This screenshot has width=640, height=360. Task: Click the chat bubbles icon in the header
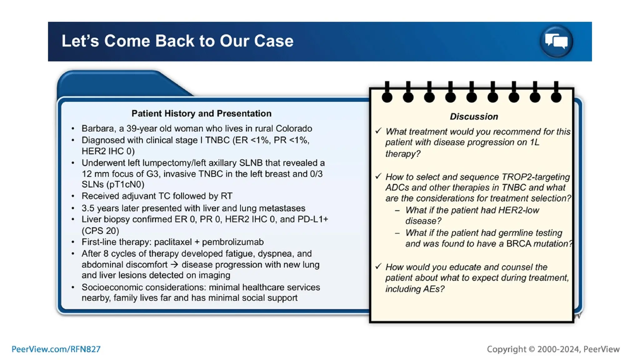(556, 41)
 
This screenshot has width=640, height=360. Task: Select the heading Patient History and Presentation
(201, 113)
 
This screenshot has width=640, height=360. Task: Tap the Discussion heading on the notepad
(474, 117)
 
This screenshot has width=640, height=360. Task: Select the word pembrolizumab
(233, 242)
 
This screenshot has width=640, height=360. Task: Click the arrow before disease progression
(174, 265)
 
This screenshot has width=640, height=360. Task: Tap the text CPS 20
(100, 231)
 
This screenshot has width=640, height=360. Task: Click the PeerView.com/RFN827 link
(56, 349)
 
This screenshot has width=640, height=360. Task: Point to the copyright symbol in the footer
(532, 349)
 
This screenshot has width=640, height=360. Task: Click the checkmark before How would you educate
(378, 267)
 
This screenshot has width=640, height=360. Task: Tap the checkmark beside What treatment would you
(378, 131)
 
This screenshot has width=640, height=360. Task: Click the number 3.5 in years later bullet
(88, 208)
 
